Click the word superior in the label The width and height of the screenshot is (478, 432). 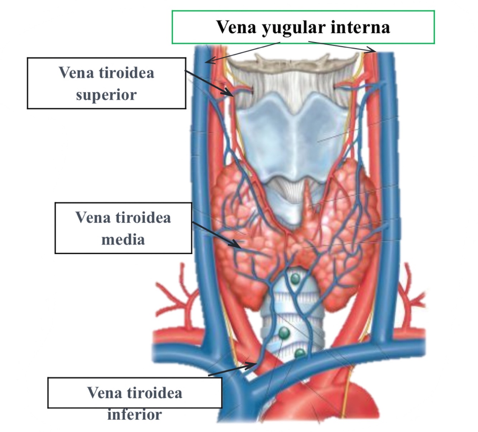click(x=106, y=95)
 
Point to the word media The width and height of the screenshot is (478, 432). click(x=123, y=239)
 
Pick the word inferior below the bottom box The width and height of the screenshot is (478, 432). click(x=134, y=414)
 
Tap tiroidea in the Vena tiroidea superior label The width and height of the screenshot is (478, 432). click(x=126, y=73)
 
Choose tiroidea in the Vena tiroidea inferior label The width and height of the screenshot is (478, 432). click(x=155, y=393)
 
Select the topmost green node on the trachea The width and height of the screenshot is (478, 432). click(x=295, y=278)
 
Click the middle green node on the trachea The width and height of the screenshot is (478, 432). click(x=284, y=333)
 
